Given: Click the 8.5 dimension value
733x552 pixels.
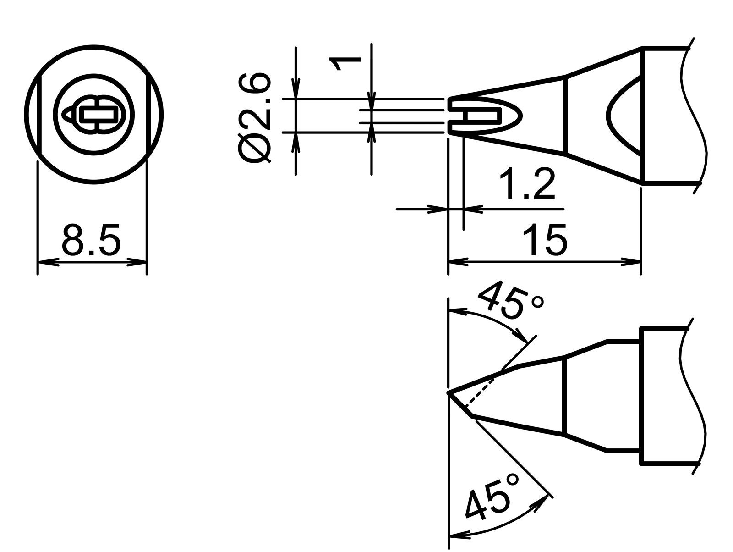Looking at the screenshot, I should tap(91, 240).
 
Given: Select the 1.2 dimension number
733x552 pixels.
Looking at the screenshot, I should tap(527, 184).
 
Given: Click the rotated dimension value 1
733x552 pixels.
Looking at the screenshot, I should tap(345, 63).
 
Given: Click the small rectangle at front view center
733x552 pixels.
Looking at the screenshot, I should tap(98, 115).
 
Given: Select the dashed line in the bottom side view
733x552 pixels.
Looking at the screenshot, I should tap(479, 393).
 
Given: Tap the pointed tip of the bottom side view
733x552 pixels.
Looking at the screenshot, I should tap(449, 393).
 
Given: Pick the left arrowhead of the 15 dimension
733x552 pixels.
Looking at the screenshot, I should tap(458, 262).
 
